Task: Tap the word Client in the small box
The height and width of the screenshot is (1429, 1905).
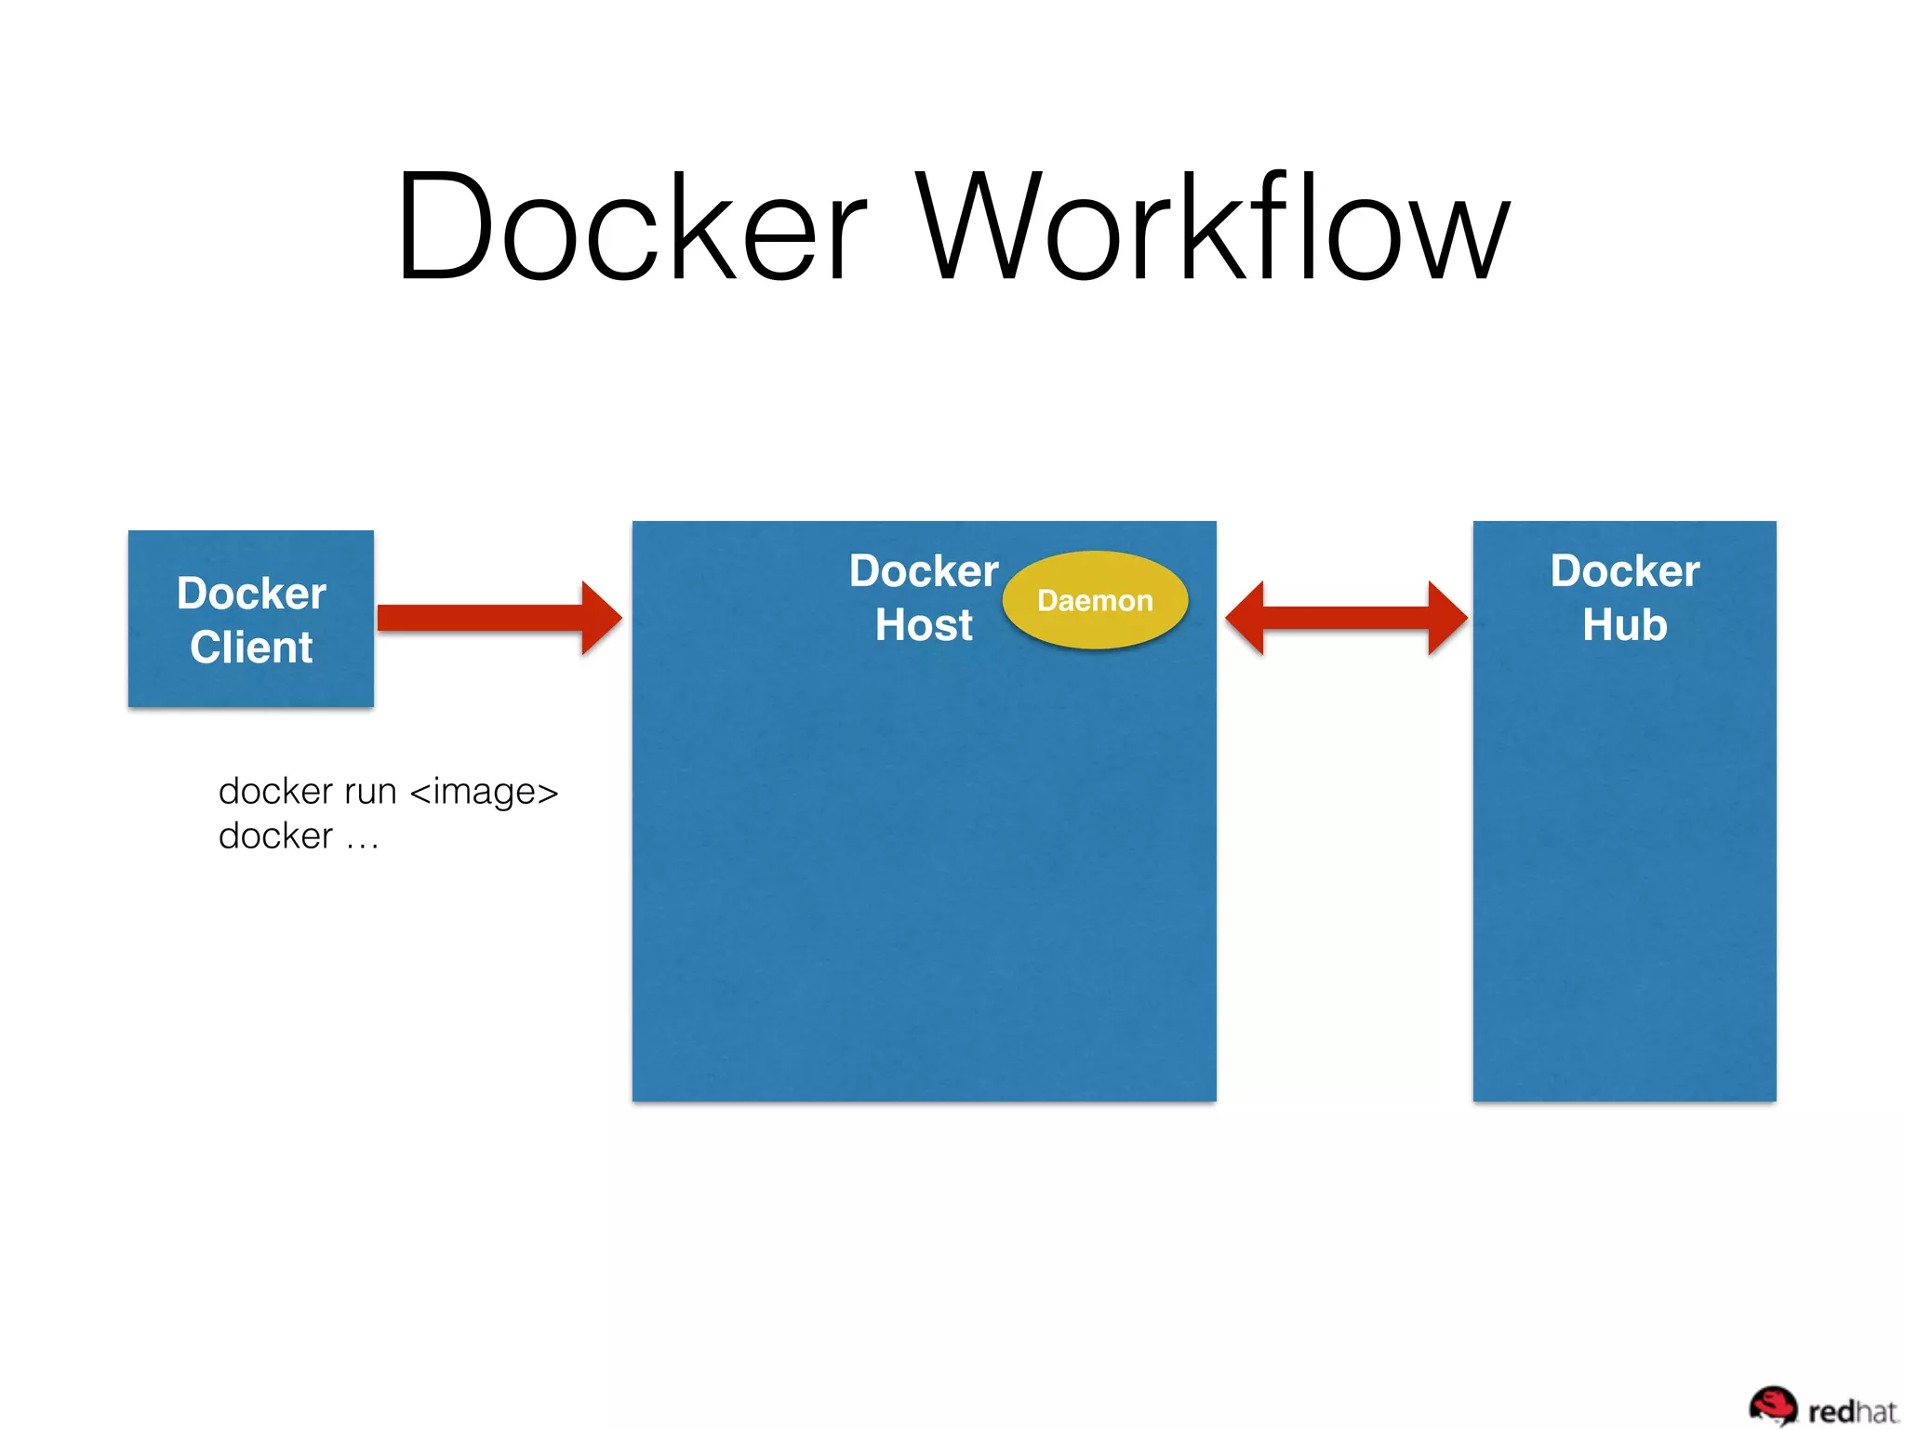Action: (x=251, y=648)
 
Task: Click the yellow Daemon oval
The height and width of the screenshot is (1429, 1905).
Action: (x=1095, y=600)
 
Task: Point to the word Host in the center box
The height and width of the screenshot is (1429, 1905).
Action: (x=924, y=625)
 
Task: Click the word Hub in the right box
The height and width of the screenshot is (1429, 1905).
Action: (x=1625, y=625)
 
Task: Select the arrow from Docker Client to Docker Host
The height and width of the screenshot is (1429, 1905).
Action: (x=484, y=618)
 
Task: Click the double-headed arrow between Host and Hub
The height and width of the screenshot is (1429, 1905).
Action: (x=1346, y=618)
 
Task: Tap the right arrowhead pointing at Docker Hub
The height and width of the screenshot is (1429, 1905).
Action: (x=1447, y=618)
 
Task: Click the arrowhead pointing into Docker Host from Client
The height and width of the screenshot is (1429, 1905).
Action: (x=600, y=618)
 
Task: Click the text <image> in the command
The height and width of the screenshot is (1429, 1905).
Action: (x=484, y=792)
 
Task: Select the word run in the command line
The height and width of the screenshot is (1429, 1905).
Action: (x=370, y=792)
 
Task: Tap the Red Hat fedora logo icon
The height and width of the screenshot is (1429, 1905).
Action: (x=1773, y=1405)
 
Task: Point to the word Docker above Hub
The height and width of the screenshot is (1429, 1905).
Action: (x=1625, y=571)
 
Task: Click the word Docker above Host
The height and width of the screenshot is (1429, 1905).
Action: (x=924, y=571)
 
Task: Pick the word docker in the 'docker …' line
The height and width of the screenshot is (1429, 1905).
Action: (x=275, y=836)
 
